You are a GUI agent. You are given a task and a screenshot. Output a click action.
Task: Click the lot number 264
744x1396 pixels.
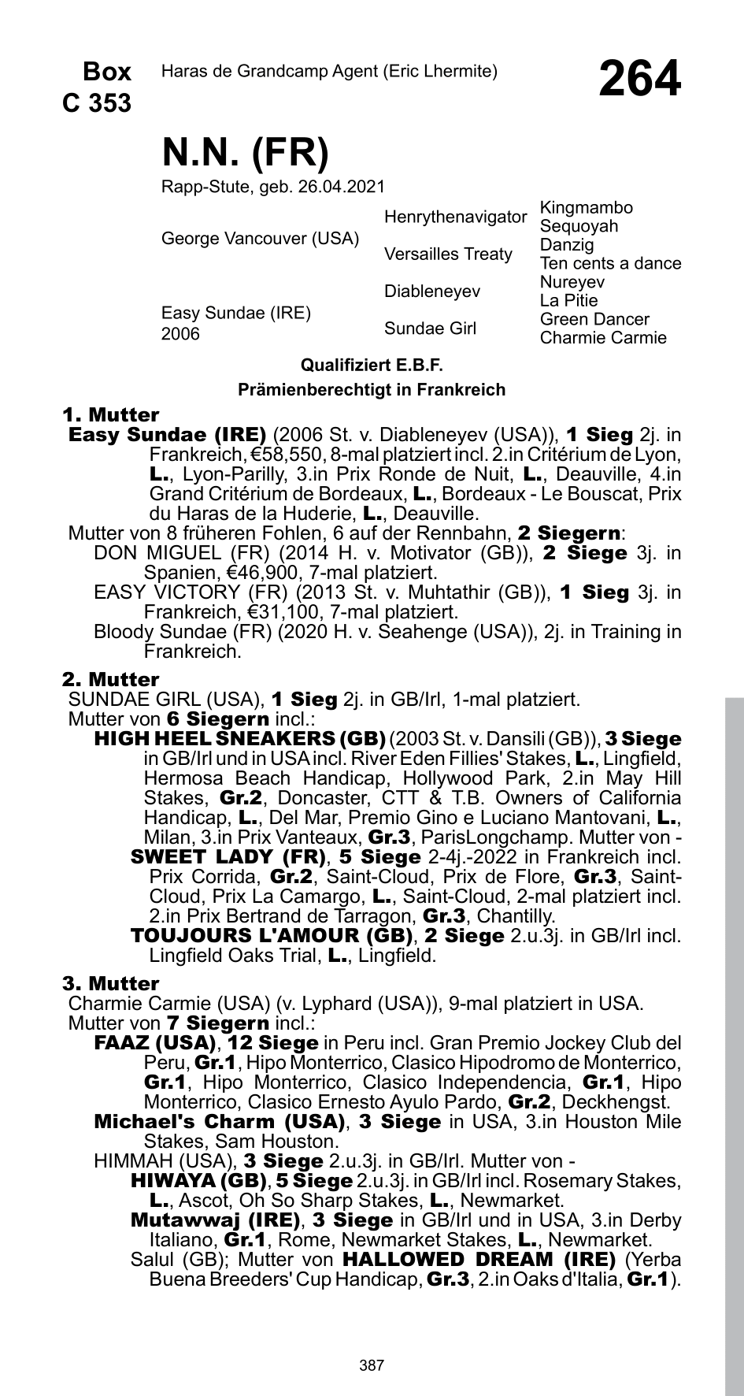pos(639,80)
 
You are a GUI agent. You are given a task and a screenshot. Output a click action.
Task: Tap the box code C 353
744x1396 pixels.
pos(97,102)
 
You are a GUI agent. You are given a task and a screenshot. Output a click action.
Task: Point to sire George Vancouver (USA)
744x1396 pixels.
pos(260,238)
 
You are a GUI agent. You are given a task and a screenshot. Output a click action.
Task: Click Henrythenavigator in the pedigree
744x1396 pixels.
pos(455,217)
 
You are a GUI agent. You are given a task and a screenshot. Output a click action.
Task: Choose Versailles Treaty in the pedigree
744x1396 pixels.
pos(448,254)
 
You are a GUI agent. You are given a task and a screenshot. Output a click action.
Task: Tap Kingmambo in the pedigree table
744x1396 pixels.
pos(586,208)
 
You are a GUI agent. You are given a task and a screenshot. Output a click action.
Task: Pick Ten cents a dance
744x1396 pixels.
pos(610,263)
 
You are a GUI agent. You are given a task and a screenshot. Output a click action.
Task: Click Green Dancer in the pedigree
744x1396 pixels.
pos(594,319)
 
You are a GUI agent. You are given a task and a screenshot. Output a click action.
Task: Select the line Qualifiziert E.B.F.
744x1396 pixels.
pos(372,366)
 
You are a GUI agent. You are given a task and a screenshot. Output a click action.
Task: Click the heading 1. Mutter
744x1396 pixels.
pos(110,414)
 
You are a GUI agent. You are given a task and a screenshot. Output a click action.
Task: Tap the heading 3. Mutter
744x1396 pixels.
pos(110,983)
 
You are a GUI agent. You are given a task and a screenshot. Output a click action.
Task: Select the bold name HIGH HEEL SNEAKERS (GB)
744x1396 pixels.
pos(239,739)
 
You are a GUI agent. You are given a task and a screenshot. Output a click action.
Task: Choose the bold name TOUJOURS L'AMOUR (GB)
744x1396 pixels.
pos(272,936)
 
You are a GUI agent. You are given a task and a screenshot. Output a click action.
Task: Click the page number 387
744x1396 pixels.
pos(372,1343)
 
